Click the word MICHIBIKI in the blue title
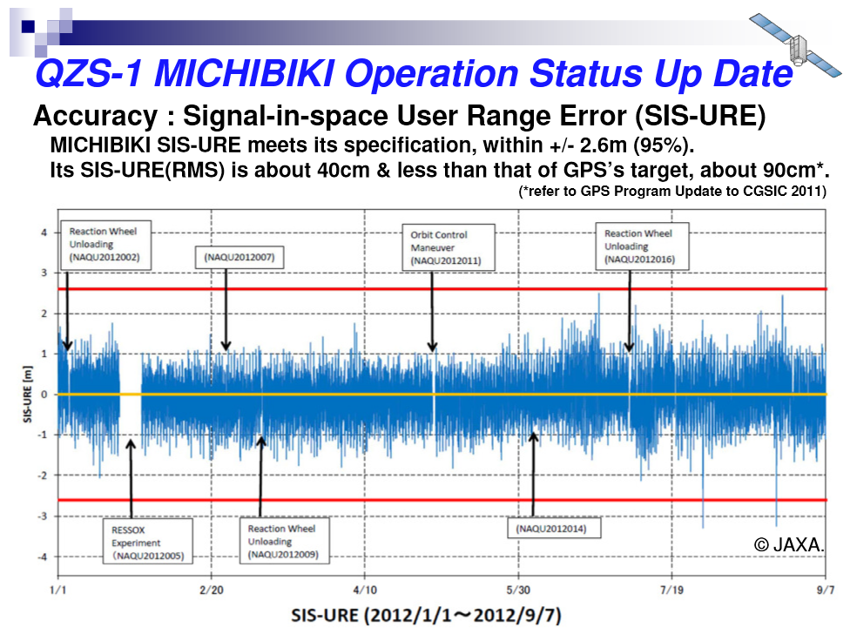tap(245, 73)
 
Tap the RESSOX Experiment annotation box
tap(148, 542)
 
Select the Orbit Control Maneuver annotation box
tap(449, 247)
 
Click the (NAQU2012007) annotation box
tap(239, 257)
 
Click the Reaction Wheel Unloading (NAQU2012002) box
tap(105, 245)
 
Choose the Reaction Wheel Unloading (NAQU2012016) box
tap(643, 246)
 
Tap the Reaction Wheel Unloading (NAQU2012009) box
tap(285, 541)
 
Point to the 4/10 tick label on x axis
tap(365, 590)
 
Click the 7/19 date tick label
tap(671, 590)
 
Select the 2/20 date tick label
tap(212, 590)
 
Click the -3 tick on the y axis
tap(43, 516)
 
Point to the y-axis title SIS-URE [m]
tap(27, 394)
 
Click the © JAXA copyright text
tap(789, 544)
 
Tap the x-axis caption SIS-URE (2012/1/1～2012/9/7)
tap(426, 616)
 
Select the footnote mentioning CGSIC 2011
tap(672, 192)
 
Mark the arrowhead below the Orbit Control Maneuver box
tap(432, 347)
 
